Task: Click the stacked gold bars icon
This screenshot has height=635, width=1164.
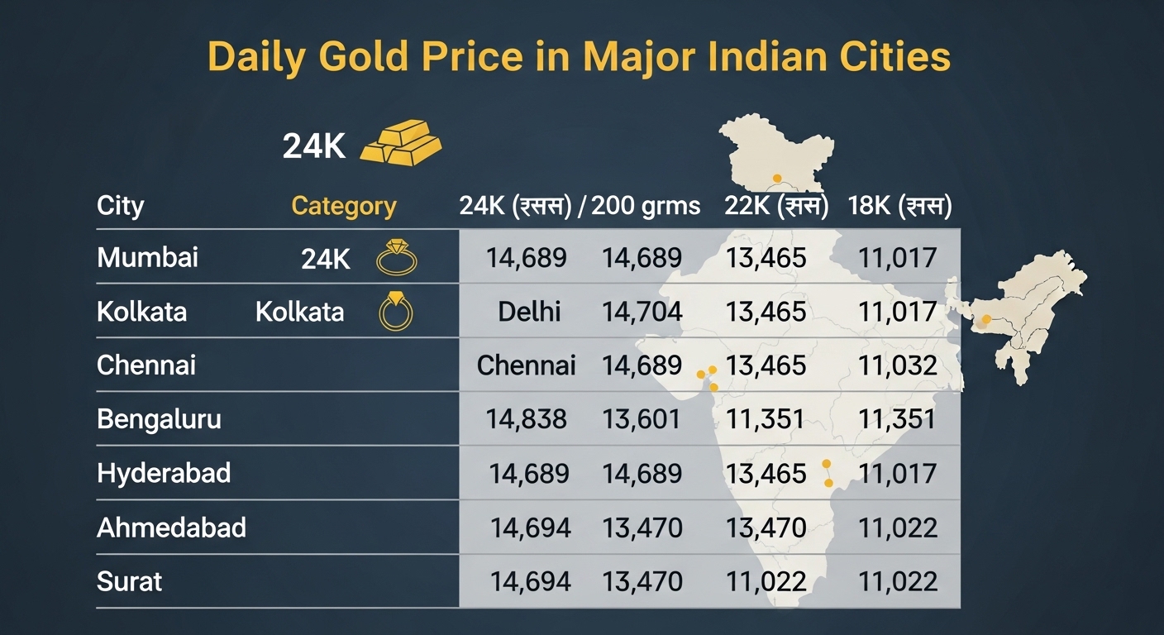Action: [402, 142]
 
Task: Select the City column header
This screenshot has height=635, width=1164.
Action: [120, 206]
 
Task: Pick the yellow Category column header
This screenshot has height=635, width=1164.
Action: [343, 206]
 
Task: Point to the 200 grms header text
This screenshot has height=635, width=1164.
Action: [646, 206]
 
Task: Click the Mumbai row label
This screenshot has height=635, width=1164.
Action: [147, 257]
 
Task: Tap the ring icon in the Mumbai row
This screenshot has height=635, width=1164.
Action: [396, 258]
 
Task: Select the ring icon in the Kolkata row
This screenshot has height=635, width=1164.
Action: [395, 312]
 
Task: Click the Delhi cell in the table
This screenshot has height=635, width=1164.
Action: [529, 312]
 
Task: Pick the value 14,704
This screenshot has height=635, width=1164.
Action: [642, 312]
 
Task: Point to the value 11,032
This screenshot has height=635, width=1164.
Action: [897, 365]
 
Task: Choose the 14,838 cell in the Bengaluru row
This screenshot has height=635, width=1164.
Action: [526, 419]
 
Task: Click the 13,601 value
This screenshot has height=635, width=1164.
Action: [642, 419]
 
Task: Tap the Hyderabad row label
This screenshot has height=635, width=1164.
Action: [164, 473]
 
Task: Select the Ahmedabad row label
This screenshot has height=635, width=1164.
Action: [171, 527]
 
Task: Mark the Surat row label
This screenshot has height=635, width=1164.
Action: [129, 581]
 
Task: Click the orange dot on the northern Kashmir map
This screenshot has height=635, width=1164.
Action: [775, 178]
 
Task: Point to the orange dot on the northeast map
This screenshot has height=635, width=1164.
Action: [985, 319]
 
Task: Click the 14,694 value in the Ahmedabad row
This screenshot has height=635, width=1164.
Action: [530, 527]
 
